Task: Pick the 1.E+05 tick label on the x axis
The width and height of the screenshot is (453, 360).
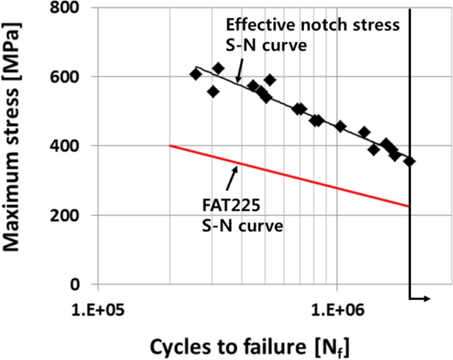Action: [98, 311]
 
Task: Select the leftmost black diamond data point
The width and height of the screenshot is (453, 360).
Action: [196, 74]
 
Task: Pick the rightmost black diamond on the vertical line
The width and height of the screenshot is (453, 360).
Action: [409, 161]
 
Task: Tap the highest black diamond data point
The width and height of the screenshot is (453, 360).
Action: [218, 68]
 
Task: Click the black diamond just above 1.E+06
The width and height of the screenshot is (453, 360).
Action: [340, 126]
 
